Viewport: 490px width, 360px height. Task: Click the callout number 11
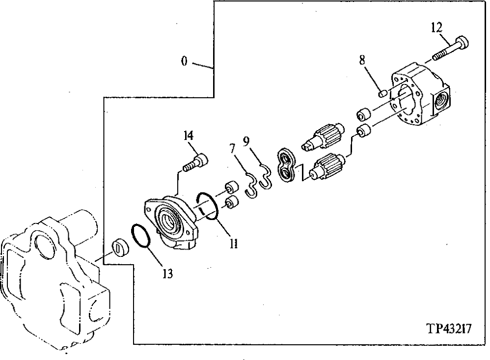point(234,243)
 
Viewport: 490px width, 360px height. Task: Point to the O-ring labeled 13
point(142,237)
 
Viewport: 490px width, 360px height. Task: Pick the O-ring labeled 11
point(207,205)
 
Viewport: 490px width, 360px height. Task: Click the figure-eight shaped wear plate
point(286,166)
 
